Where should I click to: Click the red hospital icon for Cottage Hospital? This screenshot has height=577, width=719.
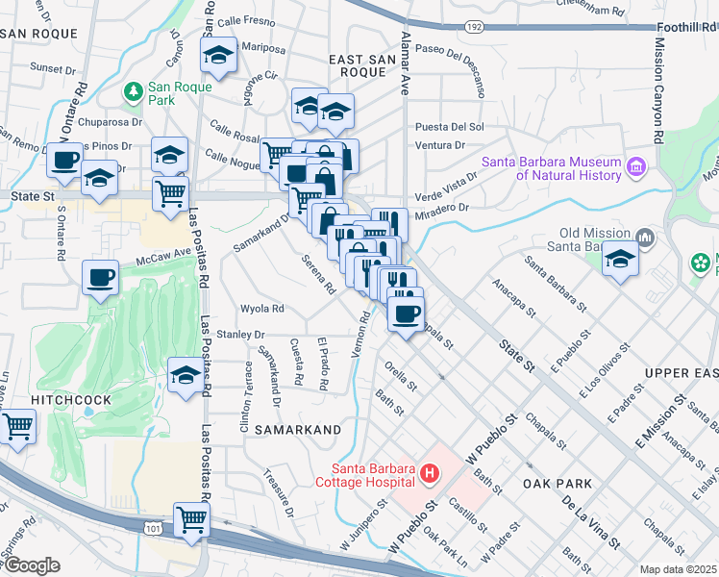(x=430, y=473)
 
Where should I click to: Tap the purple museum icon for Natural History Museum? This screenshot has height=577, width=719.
(x=634, y=168)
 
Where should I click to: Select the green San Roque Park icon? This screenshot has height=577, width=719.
(x=134, y=92)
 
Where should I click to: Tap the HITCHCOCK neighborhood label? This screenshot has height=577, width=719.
(x=70, y=399)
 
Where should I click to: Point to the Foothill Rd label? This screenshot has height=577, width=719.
(x=687, y=29)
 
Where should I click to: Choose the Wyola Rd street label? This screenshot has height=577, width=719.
(x=262, y=309)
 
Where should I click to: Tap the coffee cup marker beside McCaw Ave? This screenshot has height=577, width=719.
(x=100, y=280)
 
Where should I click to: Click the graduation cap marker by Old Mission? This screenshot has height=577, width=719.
(x=620, y=260)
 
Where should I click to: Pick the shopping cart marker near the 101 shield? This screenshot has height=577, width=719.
(x=192, y=520)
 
